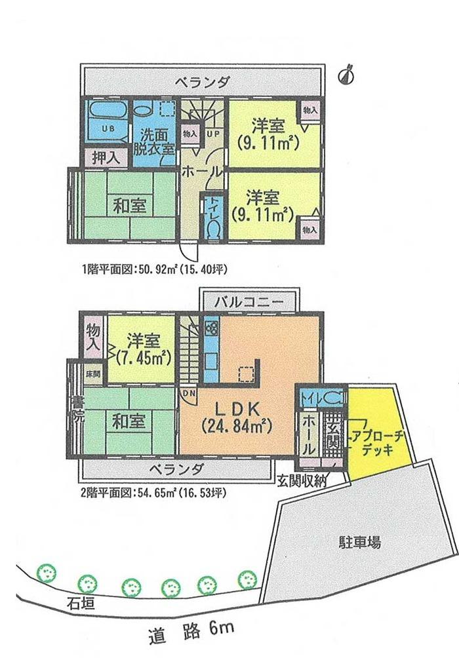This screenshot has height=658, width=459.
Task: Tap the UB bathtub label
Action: point(107,128)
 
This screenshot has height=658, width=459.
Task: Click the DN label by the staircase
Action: point(188,393)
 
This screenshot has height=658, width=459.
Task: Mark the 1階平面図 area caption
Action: point(153,269)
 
